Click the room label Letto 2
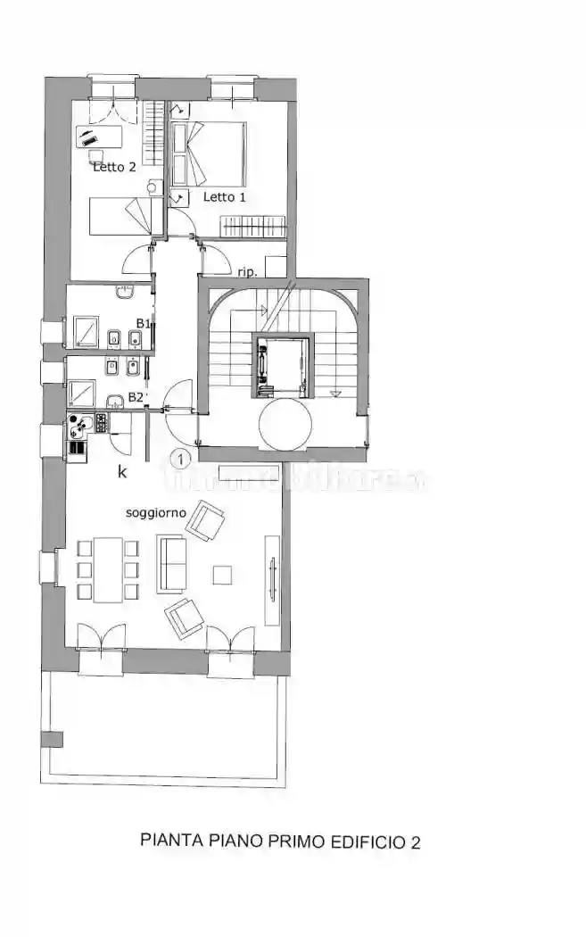(114, 166)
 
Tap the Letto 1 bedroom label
(224, 197)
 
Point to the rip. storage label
(247, 271)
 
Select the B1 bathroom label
(142, 323)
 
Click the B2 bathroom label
(136, 397)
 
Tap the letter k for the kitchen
(122, 473)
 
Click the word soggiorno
(155, 513)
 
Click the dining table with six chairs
(108, 568)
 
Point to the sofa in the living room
(171, 563)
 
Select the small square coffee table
(222, 575)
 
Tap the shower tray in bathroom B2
(82, 394)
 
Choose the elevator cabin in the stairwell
(283, 364)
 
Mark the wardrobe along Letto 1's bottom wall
(253, 225)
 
